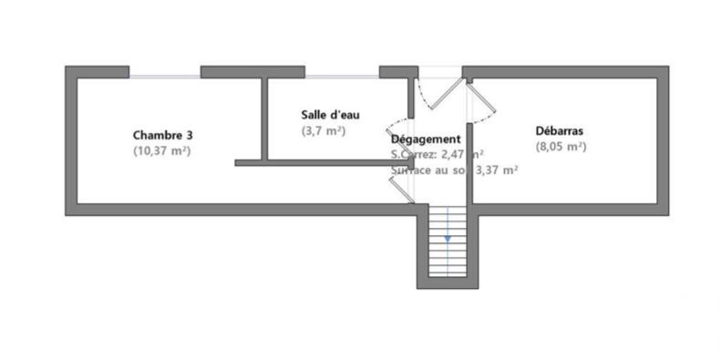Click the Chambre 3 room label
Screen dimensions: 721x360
161,133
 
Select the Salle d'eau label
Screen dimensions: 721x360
330,115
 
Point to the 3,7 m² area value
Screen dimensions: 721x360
324,131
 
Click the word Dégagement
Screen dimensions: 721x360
431,139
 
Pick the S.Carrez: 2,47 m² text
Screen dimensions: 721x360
438,155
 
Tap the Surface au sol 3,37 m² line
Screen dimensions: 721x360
454,170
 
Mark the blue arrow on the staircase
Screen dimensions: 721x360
448,238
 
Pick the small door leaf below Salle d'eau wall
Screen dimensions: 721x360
399,189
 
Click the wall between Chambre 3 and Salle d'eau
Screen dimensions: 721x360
263,118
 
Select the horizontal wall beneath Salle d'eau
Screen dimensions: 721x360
319,162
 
